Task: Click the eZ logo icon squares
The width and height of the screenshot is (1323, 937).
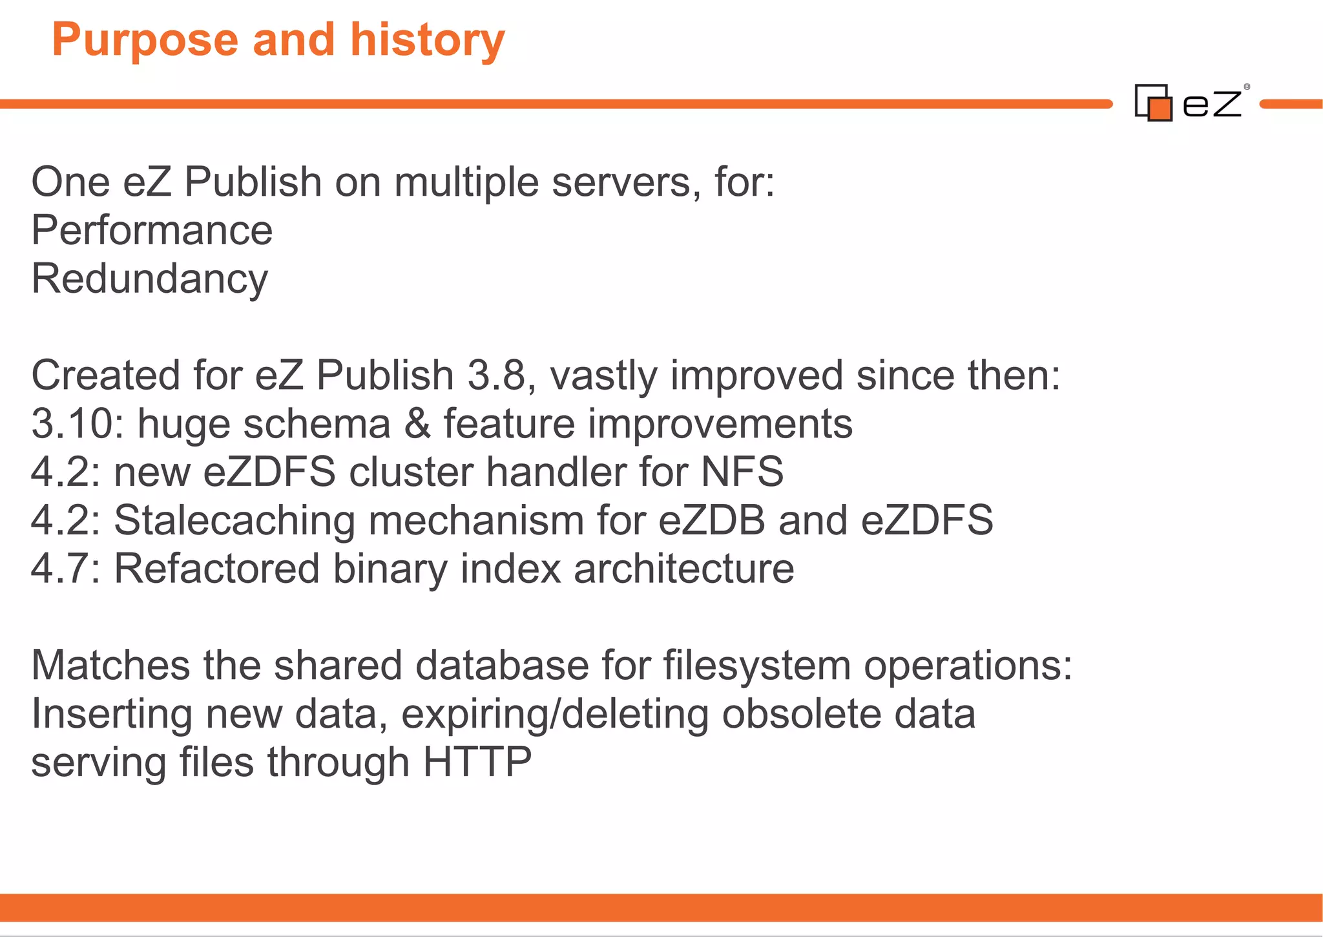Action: click(x=1154, y=103)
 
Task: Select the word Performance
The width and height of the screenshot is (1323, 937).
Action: click(x=152, y=231)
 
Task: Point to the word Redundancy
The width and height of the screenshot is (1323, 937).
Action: click(x=149, y=280)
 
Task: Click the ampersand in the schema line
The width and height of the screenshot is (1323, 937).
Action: click(x=417, y=424)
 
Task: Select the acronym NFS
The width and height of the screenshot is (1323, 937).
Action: click(x=742, y=472)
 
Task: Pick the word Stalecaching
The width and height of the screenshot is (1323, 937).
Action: click(x=234, y=520)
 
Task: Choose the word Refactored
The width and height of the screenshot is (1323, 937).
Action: click(x=217, y=569)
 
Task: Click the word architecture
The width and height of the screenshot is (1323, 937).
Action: click(x=684, y=569)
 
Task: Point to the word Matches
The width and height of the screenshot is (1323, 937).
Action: click(x=110, y=666)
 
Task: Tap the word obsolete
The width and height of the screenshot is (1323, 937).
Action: click(x=801, y=714)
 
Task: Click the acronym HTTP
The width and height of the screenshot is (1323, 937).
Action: click(x=477, y=763)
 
